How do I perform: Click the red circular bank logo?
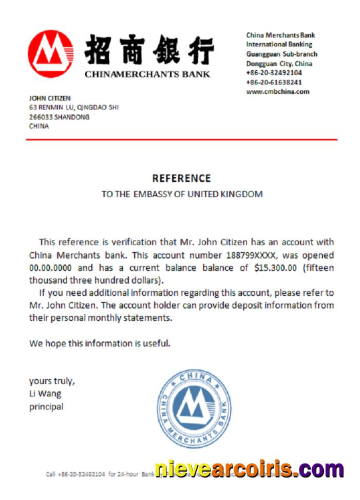[x=50, y=53]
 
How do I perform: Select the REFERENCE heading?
[x=181, y=178]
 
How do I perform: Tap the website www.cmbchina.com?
[x=277, y=92]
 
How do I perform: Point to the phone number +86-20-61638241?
[x=274, y=82]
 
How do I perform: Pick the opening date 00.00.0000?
[x=50, y=268]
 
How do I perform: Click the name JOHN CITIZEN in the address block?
[x=50, y=98]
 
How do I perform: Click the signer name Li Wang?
[x=45, y=394]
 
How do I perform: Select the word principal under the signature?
[x=46, y=406]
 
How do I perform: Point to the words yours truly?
[x=52, y=381]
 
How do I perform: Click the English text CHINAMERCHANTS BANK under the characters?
[x=147, y=74]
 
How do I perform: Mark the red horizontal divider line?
[x=183, y=139]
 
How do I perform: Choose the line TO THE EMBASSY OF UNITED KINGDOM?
[x=182, y=194]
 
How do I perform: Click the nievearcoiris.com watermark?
[x=249, y=469]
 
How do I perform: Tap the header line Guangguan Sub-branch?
[x=281, y=54]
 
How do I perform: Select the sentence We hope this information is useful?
[x=99, y=343]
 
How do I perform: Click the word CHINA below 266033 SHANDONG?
[x=39, y=126]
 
